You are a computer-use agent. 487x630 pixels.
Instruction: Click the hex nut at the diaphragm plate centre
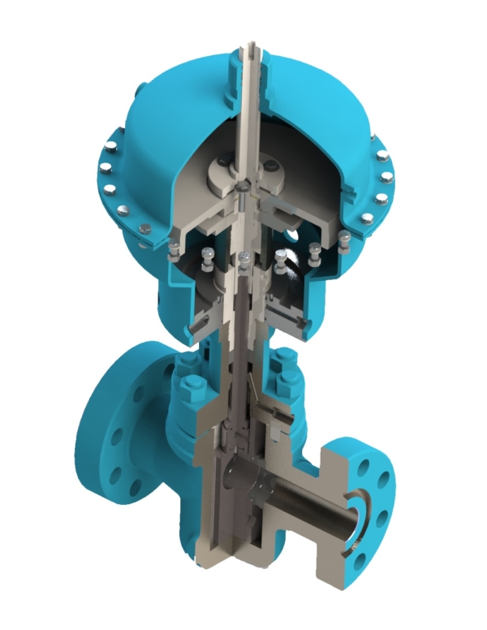tap(244, 188)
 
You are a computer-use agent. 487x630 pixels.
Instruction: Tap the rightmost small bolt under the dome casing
tap(344, 237)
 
